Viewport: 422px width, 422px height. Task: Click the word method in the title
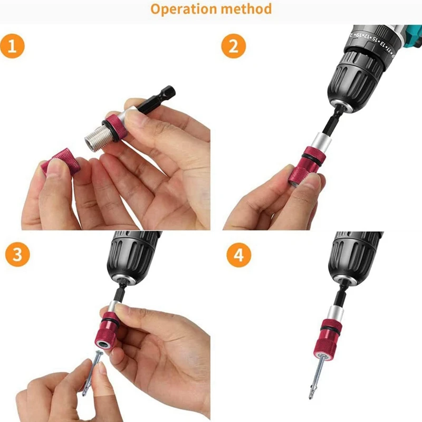(246, 8)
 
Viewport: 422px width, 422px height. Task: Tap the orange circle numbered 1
(12, 46)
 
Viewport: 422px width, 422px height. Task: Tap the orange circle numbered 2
(234, 46)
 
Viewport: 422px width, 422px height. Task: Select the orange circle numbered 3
(17, 254)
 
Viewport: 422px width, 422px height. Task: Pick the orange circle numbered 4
(239, 255)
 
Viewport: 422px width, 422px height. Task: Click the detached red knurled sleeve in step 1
(61, 162)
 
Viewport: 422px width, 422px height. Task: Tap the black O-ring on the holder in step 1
(109, 131)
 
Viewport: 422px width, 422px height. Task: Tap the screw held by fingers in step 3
(93, 373)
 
